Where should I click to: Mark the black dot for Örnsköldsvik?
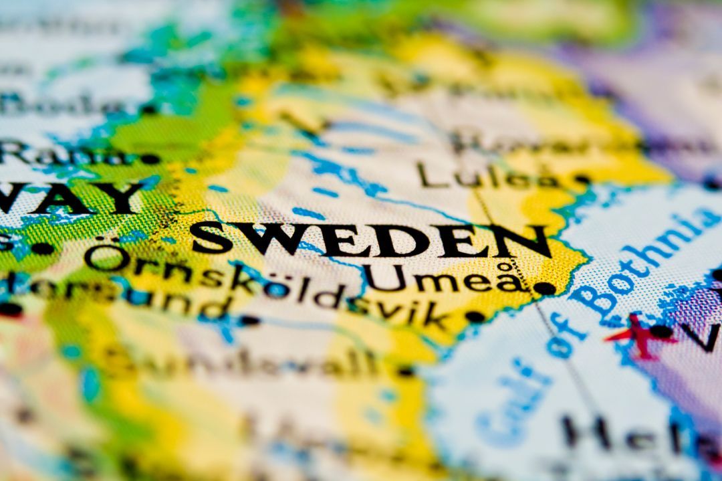click(x=474, y=316)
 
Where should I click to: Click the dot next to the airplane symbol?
click(x=661, y=330)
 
